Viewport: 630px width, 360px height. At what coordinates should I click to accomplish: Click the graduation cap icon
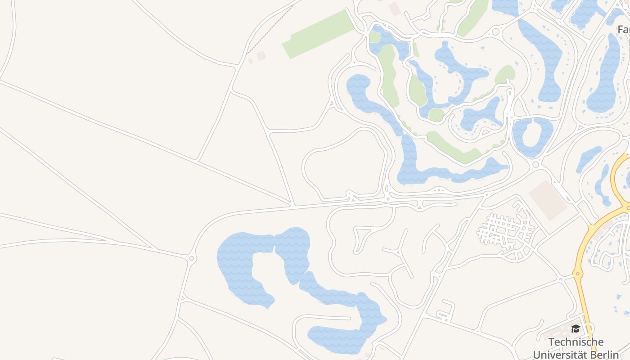click(x=576, y=329)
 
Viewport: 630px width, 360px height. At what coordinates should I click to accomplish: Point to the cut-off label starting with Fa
click(x=623, y=30)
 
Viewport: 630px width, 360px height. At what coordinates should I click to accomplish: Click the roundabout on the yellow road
click(x=578, y=273)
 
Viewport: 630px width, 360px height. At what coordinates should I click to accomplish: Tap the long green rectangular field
click(x=319, y=34)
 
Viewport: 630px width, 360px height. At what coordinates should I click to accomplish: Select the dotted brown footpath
click(x=269, y=30)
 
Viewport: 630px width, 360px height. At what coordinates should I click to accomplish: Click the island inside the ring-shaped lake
click(x=534, y=134)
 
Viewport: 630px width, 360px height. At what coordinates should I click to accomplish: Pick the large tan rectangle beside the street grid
click(x=548, y=200)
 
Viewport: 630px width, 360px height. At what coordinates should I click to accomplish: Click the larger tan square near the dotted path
click(x=261, y=55)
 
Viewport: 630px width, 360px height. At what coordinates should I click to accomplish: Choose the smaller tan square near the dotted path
click(x=250, y=61)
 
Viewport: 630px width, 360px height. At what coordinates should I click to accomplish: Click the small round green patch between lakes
click(x=436, y=115)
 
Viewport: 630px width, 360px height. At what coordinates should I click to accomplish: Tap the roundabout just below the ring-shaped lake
click(x=535, y=165)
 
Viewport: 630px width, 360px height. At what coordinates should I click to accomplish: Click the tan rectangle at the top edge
click(x=394, y=8)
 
